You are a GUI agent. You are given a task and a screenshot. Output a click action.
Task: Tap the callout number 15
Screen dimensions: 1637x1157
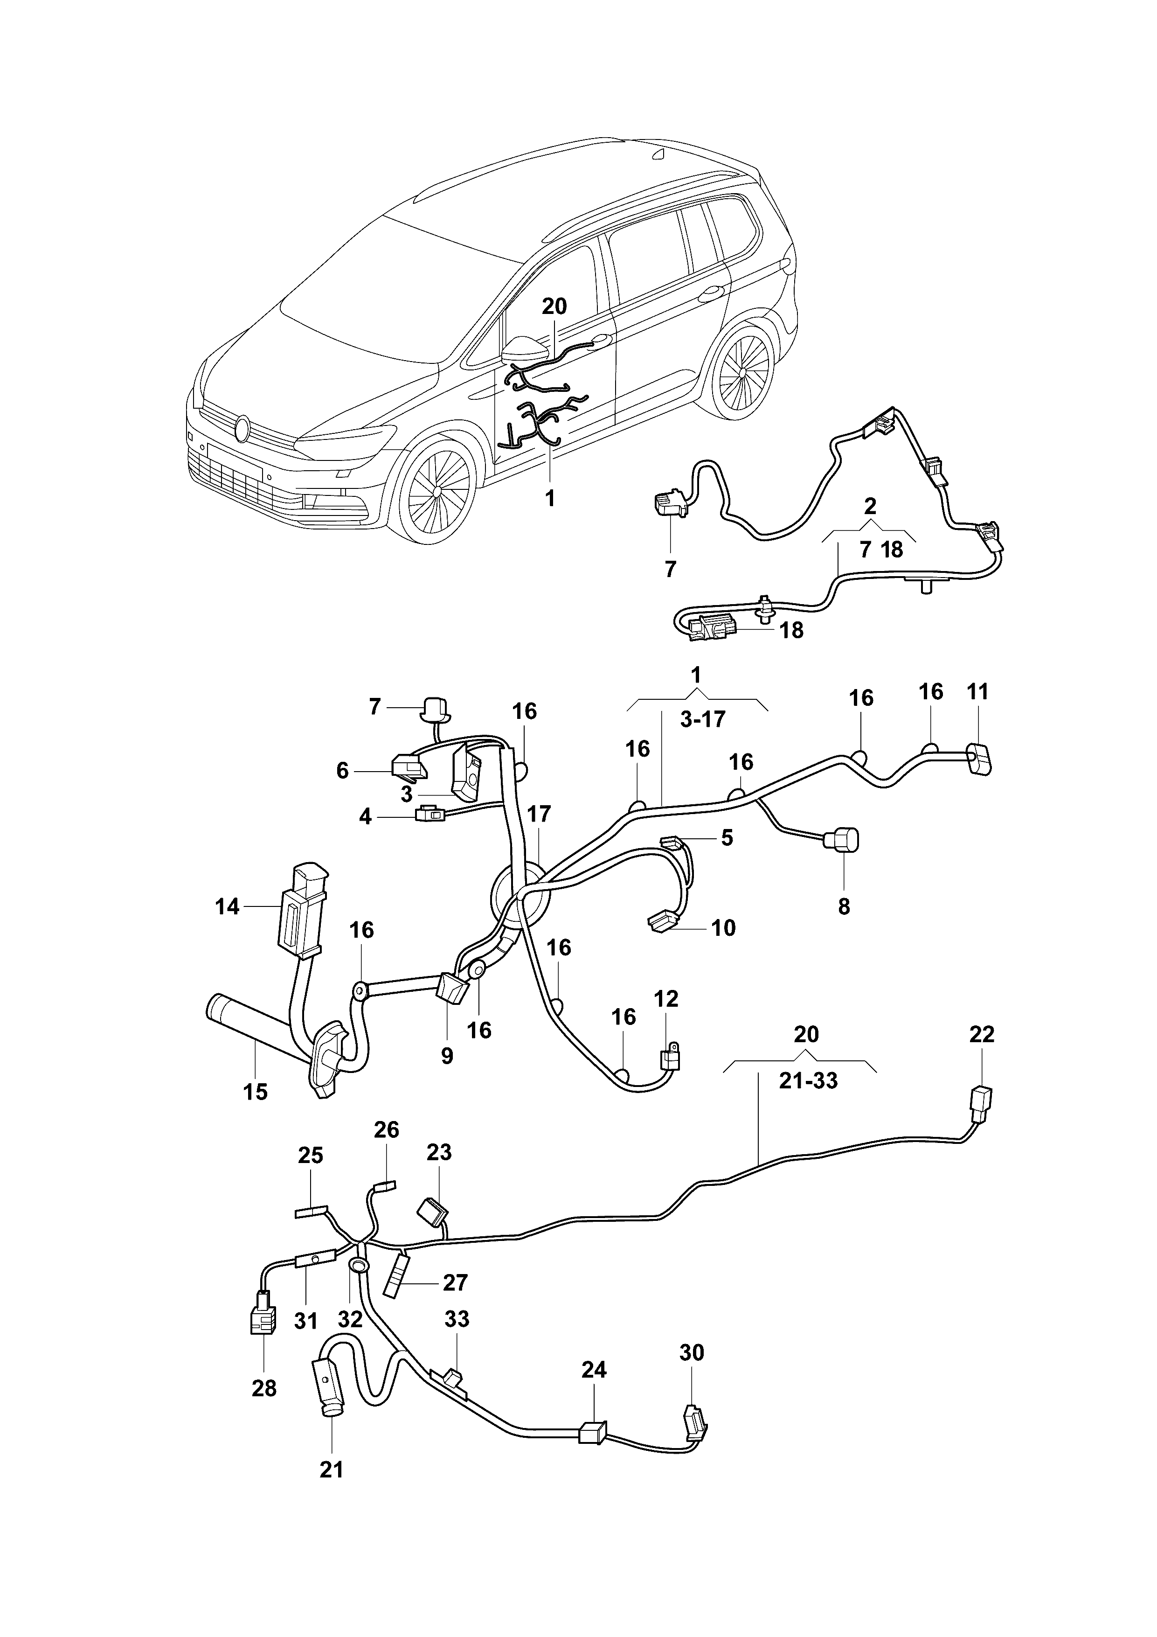[255, 1092]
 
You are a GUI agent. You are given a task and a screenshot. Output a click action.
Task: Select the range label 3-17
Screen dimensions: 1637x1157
[702, 719]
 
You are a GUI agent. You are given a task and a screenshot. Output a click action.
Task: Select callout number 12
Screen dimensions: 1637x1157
[666, 999]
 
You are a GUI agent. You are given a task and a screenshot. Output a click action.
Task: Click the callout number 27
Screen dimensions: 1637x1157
[455, 1282]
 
